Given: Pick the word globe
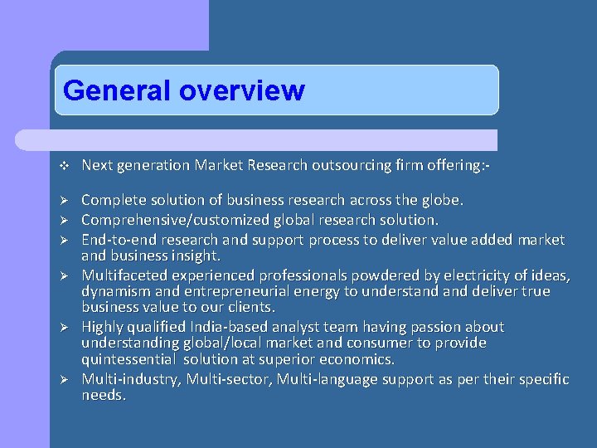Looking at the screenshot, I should tap(443, 200).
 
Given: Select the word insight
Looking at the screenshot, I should tap(196, 256).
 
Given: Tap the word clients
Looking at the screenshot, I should tap(250, 307).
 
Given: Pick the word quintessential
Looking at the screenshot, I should tap(128, 359).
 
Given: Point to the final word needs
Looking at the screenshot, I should tap(103, 395).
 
